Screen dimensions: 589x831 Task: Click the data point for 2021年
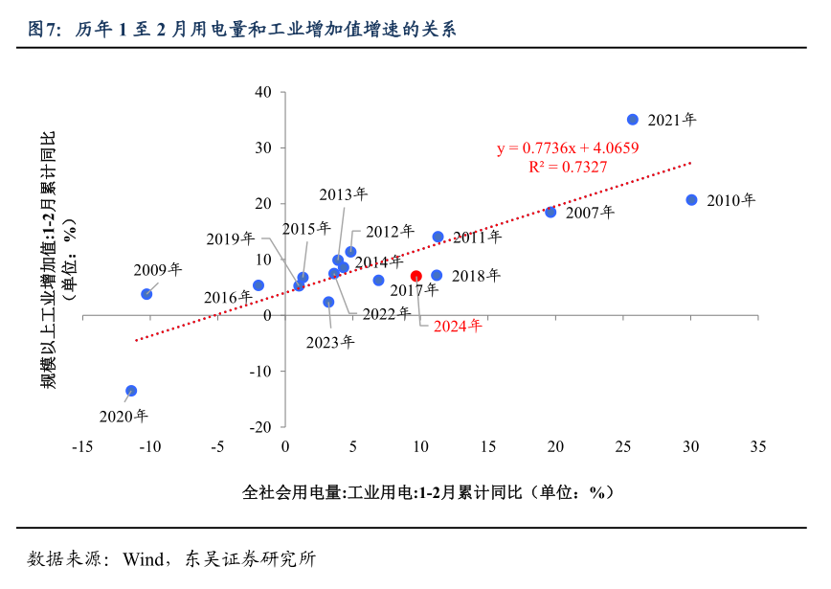tap(633, 120)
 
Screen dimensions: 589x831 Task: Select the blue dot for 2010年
tap(691, 200)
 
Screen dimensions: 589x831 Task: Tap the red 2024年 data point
tap(415, 276)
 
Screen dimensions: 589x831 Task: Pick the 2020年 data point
tap(131, 391)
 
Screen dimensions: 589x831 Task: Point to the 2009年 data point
tap(146, 294)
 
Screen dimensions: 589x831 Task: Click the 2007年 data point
tap(550, 212)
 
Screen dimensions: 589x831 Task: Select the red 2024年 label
tap(458, 326)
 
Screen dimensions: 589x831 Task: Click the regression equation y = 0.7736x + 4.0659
tap(568, 147)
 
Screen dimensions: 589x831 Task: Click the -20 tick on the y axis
tap(261, 426)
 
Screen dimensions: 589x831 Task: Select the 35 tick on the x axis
tap(758, 446)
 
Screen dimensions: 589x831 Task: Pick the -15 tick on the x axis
tap(81, 446)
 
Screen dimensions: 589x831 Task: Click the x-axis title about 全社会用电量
tap(427, 492)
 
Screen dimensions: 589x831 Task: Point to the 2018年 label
tap(476, 276)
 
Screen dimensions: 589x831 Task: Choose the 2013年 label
tap(343, 194)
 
